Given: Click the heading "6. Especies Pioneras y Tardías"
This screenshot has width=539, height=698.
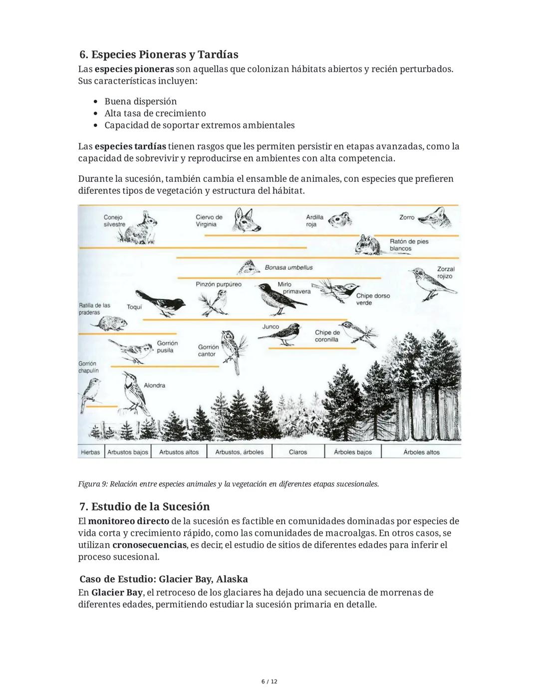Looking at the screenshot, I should tap(159, 54).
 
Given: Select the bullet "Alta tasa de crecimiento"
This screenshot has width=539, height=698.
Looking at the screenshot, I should tap(155, 113).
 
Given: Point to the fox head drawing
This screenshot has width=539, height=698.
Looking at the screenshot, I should tap(434, 218).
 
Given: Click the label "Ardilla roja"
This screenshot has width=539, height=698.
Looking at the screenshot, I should tap(314, 221).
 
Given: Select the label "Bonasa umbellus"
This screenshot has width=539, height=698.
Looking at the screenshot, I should tap(288, 268).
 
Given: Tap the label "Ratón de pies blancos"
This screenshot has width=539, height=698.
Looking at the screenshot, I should tap(409, 245).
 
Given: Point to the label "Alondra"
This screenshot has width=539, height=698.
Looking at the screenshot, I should tap(154, 386).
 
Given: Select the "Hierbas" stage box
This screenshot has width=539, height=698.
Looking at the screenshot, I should tap(90, 452).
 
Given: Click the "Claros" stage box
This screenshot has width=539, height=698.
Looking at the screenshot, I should tap(298, 452).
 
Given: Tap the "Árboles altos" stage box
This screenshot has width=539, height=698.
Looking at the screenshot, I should tap(421, 452).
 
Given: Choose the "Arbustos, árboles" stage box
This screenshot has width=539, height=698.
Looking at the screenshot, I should tap(239, 452).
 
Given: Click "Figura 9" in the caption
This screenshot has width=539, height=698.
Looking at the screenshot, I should tap(92, 484).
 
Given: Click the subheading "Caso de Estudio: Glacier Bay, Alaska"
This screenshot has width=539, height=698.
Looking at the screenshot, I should tap(163, 580).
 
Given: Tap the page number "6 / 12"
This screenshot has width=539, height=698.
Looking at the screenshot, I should tap(269, 682).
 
